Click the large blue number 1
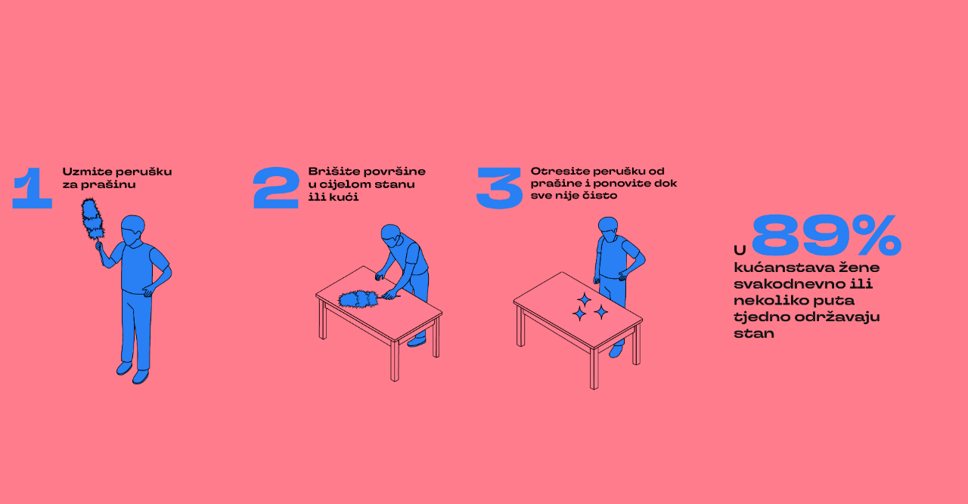33,188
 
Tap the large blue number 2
276,188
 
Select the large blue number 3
499,188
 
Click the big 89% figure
827,235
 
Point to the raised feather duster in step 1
93,220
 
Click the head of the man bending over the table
392,236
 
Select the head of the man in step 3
608,229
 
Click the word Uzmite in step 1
87,172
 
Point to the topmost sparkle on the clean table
585,299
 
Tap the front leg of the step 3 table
594,369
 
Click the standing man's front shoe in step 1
140,376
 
